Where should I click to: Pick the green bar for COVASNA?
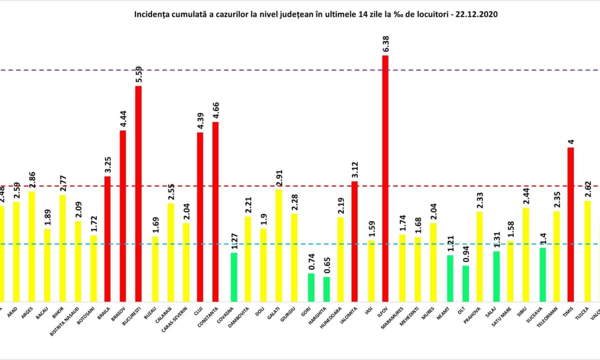(234, 277)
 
